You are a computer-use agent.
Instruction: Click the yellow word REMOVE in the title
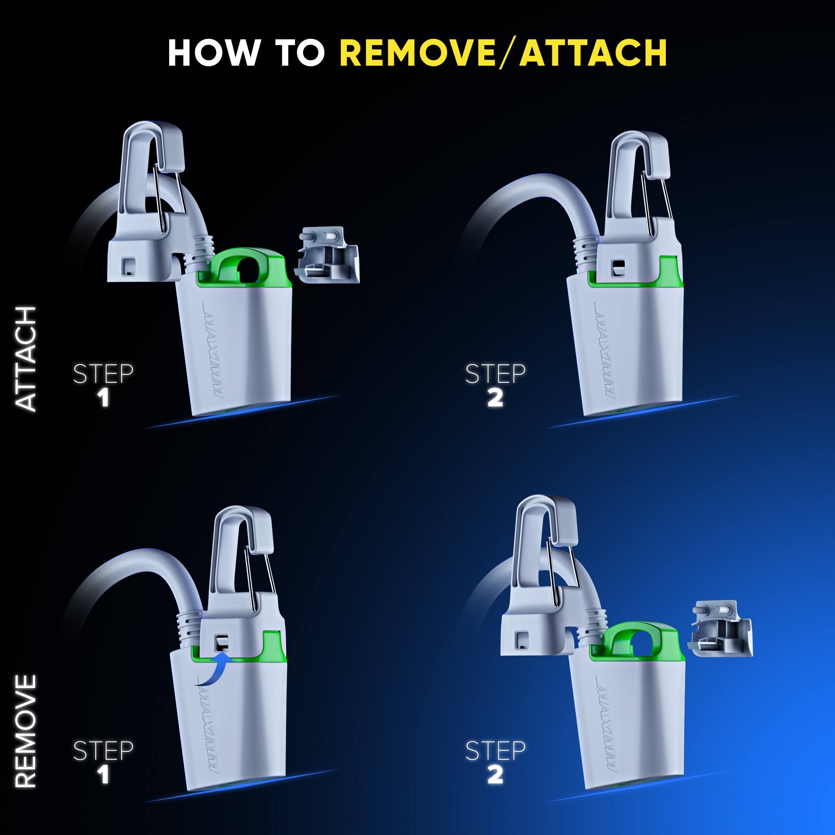click(417, 53)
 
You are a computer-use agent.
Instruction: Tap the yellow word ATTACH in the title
click(593, 53)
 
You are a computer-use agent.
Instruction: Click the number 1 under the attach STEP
click(103, 398)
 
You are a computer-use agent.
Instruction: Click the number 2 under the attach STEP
click(495, 398)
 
